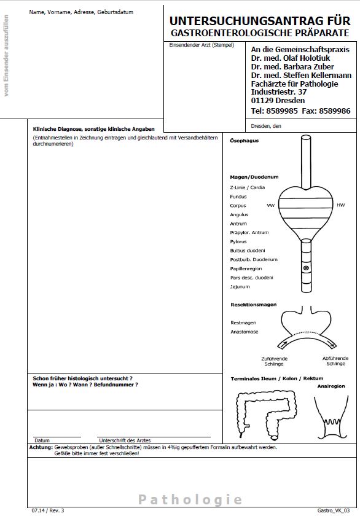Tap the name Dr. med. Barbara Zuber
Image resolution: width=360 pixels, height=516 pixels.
[292, 66]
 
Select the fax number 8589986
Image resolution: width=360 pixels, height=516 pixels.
[335, 111]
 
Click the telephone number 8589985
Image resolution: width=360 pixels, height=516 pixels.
[282, 111]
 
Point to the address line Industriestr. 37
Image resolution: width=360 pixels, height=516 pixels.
[279, 92]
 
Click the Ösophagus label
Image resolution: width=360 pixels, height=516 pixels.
[244, 141]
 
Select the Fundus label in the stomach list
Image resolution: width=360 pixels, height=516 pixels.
[238, 197]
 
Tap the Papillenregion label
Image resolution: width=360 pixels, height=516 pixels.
[246, 268]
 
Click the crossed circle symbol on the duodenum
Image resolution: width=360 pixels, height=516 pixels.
[306, 268]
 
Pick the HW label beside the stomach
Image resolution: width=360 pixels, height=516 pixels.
[340, 205]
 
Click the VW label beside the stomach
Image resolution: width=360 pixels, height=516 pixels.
[270, 205]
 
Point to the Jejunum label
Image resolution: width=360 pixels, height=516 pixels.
[240, 287]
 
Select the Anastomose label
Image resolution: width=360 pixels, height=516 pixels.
[244, 332]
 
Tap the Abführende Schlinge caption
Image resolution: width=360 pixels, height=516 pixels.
[335, 361]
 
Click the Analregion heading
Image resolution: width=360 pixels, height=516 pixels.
[331, 386]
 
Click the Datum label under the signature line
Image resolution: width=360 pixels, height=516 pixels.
[42, 440]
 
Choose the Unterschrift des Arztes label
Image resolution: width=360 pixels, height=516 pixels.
[125, 440]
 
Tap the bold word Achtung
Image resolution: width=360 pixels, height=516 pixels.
[41, 447]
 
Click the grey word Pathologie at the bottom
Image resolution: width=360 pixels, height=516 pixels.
[190, 499]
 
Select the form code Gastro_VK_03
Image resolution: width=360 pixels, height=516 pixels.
[334, 510]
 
